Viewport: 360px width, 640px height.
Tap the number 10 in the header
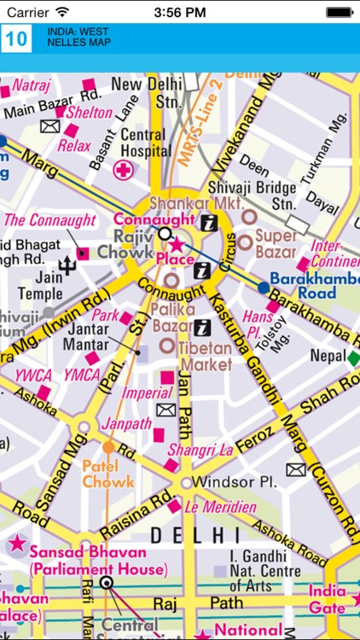click(17, 39)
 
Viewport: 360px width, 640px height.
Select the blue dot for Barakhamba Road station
click(263, 288)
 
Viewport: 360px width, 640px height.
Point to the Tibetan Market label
click(204, 356)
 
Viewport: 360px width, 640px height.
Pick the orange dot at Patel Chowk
click(108, 446)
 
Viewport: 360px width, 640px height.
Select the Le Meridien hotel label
click(223, 508)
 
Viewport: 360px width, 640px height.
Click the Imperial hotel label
click(146, 393)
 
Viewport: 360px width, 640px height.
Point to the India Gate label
click(328, 600)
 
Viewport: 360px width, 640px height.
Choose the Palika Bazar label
click(174, 316)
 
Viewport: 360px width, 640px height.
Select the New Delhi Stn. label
click(146, 95)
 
